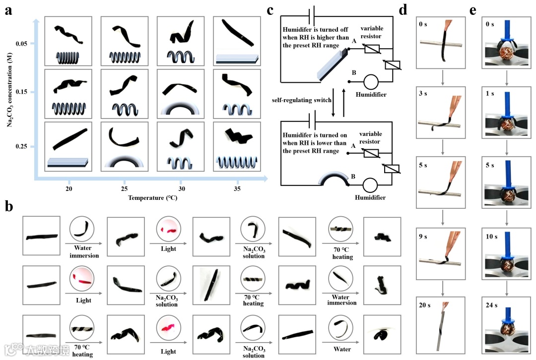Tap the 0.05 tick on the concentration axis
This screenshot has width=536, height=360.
tap(27, 44)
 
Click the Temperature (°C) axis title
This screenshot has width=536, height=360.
tap(152, 198)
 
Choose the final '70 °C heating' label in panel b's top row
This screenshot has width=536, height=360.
tap(342, 253)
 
